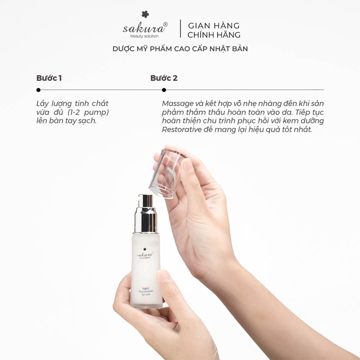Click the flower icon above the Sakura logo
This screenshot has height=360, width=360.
click(145, 14)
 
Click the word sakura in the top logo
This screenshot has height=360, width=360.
click(143, 28)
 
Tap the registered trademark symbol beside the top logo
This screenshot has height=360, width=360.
click(166, 24)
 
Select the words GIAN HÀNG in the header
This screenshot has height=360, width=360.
click(214, 25)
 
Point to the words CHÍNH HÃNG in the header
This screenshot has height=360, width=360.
click(214, 34)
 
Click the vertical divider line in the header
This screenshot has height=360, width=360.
click(180, 28)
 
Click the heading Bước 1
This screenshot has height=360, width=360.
click(49, 78)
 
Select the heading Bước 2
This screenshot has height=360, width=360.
click(164, 78)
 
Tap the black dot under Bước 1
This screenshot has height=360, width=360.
click(38, 90)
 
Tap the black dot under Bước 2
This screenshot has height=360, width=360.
click(164, 90)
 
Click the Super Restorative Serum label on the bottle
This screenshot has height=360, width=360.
click(146, 291)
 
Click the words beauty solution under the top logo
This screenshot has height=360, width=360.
click(144, 36)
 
